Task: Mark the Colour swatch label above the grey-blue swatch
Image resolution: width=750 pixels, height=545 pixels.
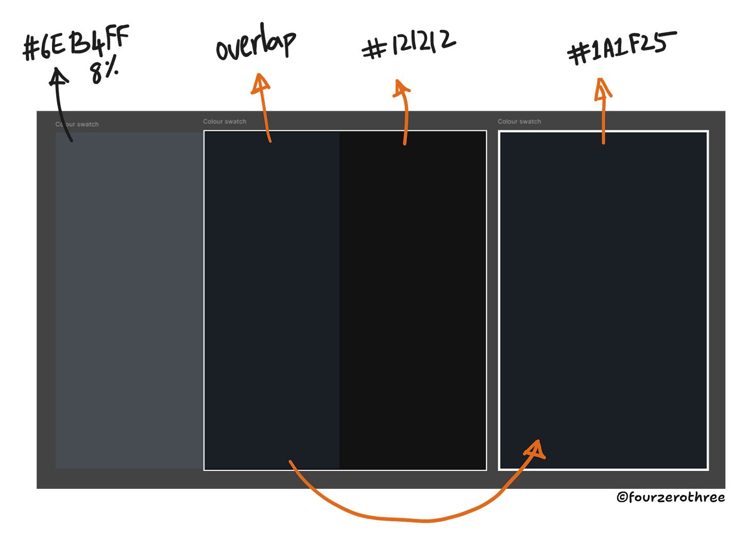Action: point(77,124)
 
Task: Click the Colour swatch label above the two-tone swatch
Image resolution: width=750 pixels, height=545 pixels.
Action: point(225,122)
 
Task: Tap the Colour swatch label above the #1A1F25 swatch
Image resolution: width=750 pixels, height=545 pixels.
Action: point(519,122)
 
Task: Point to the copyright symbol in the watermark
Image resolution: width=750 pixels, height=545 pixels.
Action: point(622,497)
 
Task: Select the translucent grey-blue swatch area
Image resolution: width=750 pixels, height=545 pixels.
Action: point(129,299)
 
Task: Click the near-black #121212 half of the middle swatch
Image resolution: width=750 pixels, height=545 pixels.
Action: point(412,299)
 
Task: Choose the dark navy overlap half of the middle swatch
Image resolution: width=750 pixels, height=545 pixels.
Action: point(271,299)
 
